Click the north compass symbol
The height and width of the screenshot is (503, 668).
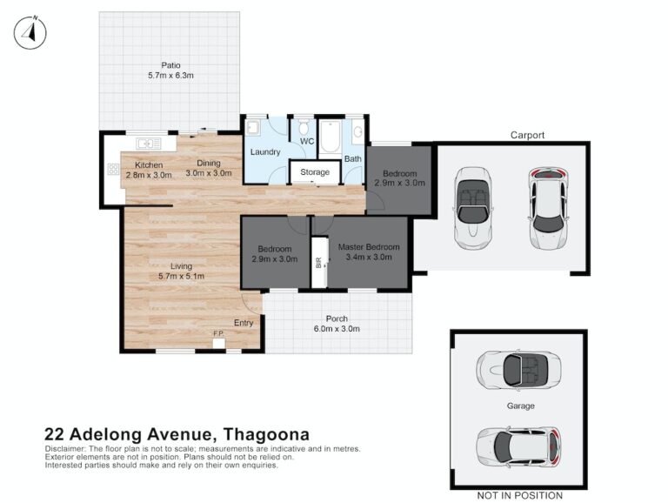tap(30, 32)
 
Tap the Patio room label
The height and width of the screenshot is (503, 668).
tap(170, 65)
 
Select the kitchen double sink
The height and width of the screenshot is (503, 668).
tap(148, 144)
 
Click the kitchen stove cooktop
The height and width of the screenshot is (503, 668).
tap(113, 169)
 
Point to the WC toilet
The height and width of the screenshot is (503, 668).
tap(304, 127)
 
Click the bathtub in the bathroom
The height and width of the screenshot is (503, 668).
tap(330, 137)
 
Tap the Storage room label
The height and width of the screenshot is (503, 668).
tap(315, 172)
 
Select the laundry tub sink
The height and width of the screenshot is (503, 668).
tap(253, 128)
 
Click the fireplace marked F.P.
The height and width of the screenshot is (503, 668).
tap(219, 343)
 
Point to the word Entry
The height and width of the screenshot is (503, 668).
tap(244, 323)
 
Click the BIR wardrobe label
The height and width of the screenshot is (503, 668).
tap(318, 263)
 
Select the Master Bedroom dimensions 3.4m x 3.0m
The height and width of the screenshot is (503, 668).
tap(369, 257)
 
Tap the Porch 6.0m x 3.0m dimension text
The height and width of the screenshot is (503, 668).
tap(337, 329)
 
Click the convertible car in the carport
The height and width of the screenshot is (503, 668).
tap(473, 208)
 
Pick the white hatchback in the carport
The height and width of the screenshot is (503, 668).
tap(549, 208)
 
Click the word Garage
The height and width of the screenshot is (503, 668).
tap(521, 406)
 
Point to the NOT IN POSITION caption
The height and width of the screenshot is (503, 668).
tap(520, 495)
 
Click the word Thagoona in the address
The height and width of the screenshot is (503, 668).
tap(267, 434)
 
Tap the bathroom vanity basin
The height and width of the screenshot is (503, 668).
tap(357, 132)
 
